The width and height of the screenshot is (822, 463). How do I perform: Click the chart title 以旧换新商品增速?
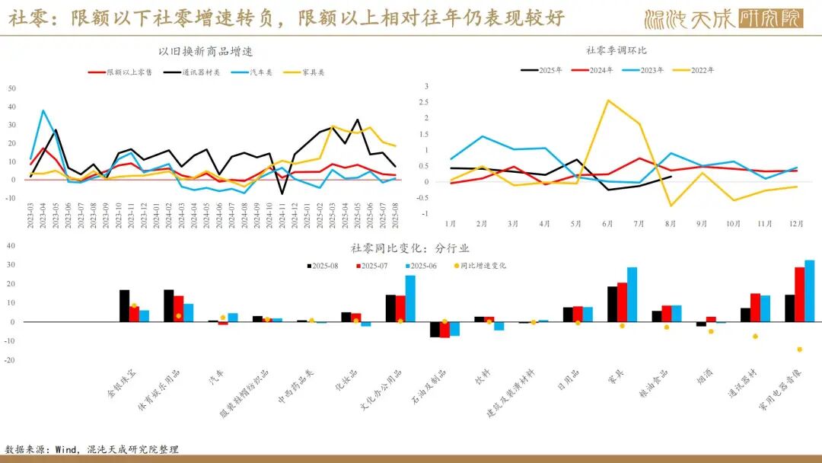pos(205,52)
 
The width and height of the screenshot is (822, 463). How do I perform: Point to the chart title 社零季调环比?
pos(616,50)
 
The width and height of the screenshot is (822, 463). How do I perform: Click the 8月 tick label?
pos(671,224)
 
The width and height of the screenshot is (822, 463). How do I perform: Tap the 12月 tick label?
pos(797,224)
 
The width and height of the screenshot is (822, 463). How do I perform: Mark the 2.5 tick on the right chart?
pos(426,102)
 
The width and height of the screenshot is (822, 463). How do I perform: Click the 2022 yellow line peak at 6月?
pos(607,101)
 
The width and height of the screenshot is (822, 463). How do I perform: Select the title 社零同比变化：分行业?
pos(410,248)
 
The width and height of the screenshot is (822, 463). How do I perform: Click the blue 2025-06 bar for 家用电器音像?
pos(809,291)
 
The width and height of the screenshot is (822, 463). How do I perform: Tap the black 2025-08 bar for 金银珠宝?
pos(124,305)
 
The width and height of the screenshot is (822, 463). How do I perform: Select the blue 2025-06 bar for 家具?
pos(632,294)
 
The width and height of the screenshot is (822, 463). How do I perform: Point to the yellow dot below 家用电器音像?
pos(800,350)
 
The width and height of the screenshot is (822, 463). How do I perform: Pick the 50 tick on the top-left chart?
pos(11,88)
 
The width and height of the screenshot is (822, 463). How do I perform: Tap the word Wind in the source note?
pos(66,449)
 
